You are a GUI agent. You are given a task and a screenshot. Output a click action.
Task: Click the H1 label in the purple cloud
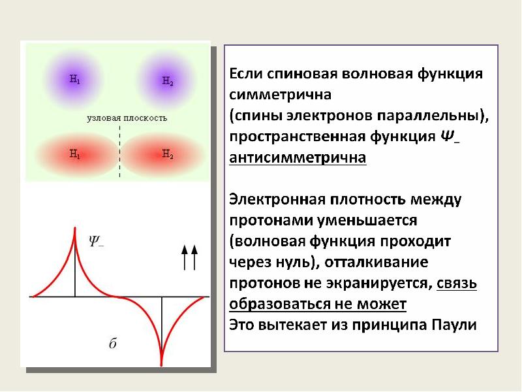(74, 80)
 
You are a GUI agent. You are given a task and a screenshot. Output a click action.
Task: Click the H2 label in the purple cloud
(167, 81)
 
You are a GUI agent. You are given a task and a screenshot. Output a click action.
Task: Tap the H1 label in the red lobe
(74, 155)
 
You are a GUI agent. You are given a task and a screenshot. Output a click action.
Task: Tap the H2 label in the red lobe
(167, 155)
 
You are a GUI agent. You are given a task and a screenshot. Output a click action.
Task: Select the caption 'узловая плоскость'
(127, 118)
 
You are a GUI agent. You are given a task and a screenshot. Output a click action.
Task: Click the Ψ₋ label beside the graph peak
(96, 240)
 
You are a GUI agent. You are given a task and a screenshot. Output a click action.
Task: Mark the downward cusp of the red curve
(161, 363)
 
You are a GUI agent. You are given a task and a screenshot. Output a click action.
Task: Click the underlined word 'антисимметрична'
(297, 158)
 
